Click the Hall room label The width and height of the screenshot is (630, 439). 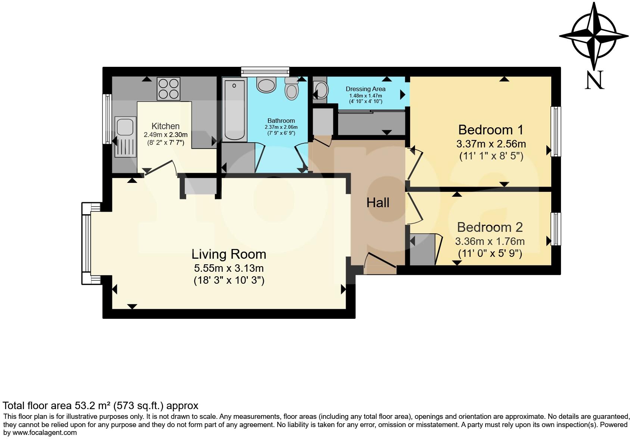[378, 203]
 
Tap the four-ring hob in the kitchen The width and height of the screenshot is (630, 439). [168, 88]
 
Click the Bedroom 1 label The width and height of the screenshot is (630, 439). [490, 130]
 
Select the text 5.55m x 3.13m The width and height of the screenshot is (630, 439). [229, 268]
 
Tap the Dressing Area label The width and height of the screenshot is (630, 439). [365, 89]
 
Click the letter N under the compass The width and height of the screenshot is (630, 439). [594, 80]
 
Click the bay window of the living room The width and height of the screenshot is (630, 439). [87, 243]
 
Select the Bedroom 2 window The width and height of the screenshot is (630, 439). [556, 229]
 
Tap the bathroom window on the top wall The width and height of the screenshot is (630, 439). [265, 71]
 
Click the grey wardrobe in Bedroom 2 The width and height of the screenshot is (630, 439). [422, 249]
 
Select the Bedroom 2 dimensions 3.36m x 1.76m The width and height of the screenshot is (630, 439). [490, 242]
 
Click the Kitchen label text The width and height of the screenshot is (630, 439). [165, 126]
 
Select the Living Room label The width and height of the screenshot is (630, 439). [229, 254]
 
